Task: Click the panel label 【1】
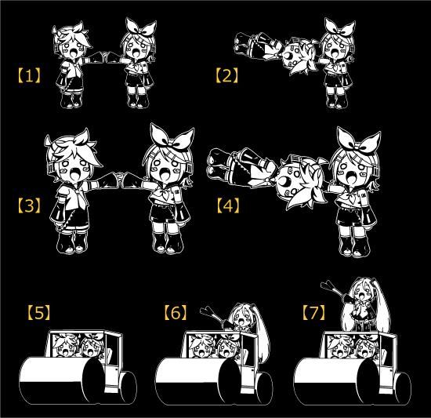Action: tap(29, 76)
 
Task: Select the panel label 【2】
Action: tap(226, 76)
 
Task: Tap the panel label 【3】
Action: tap(29, 206)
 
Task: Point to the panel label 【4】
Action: tap(226, 206)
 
